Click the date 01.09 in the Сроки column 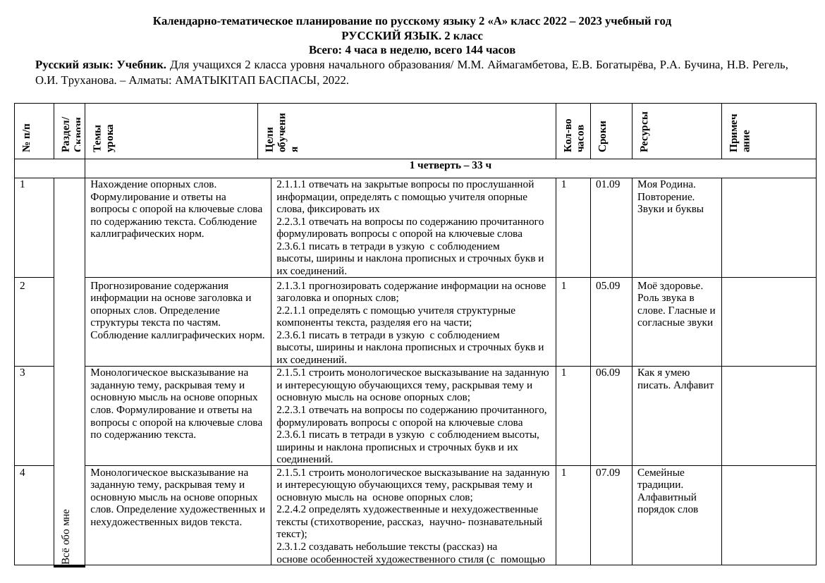(608, 185)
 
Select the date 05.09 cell (608, 286)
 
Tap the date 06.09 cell (608, 373)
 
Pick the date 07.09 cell (608, 473)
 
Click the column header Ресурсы (644, 132)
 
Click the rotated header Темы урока (103, 138)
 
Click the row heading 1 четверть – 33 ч (450, 166)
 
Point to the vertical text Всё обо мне (66, 536)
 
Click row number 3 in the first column (23, 373)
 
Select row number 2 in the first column (23, 286)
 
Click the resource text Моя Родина (666, 185)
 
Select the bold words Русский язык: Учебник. (101, 65)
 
